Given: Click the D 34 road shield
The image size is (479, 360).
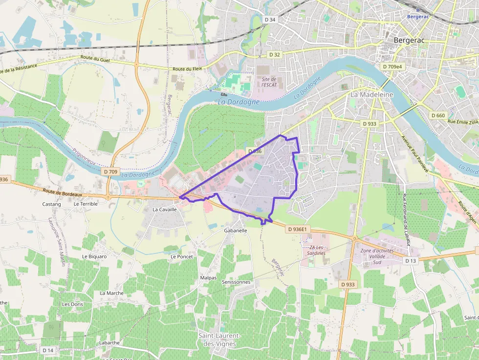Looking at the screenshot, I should (270, 20).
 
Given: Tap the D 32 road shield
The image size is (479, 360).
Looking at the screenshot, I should (274, 54).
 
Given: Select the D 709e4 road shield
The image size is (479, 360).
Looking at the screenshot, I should (392, 66).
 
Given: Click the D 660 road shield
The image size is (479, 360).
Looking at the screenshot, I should (438, 115).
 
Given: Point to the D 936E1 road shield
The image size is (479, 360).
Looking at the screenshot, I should (297, 229).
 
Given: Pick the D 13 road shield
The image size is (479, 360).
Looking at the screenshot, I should (410, 261).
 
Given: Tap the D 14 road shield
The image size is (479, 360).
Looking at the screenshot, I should (48, 350).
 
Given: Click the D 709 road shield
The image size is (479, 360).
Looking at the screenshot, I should (111, 172).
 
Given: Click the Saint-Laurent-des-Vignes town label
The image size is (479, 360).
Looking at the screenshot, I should (219, 339).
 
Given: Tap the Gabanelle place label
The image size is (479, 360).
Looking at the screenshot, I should (236, 230).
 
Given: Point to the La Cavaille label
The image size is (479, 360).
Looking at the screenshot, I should (164, 209).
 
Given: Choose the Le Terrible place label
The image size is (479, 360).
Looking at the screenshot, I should (86, 204).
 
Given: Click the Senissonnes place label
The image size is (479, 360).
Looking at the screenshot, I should (236, 282).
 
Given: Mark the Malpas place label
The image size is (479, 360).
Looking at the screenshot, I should (208, 277).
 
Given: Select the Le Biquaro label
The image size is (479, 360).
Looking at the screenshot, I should (94, 256).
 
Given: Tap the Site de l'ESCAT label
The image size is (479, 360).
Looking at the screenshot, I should (269, 82).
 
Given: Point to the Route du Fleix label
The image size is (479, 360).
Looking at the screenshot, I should (185, 69).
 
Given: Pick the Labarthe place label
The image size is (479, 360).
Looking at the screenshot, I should (109, 342).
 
